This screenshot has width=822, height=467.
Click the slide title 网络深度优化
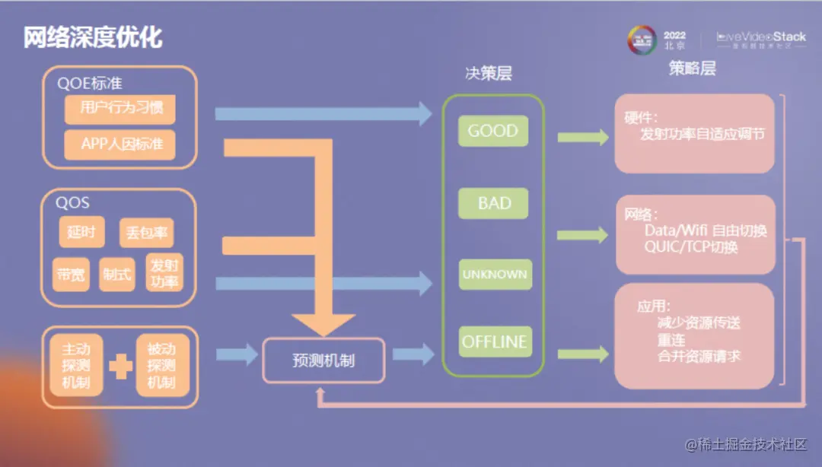(92, 37)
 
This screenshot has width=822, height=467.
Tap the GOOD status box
(492, 131)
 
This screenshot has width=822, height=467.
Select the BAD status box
(493, 203)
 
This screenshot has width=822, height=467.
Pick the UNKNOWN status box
(493, 274)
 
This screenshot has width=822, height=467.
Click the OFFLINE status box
(493, 342)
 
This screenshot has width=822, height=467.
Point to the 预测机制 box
(323, 360)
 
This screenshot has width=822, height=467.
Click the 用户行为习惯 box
(119, 108)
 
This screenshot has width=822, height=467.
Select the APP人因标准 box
(119, 144)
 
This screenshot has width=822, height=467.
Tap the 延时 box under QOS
(81, 232)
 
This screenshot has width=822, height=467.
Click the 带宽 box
(72, 275)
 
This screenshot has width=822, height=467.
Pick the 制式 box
(116, 275)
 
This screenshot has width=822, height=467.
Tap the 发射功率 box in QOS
(164, 273)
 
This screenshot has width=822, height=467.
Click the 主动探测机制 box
(76, 366)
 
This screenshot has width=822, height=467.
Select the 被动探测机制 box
(161, 366)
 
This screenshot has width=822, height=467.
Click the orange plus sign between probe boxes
(119, 367)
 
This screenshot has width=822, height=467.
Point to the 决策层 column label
(489, 73)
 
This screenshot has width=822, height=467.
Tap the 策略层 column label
(693, 68)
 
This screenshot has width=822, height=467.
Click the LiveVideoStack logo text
(761, 37)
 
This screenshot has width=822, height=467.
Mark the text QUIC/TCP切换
(691, 247)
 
